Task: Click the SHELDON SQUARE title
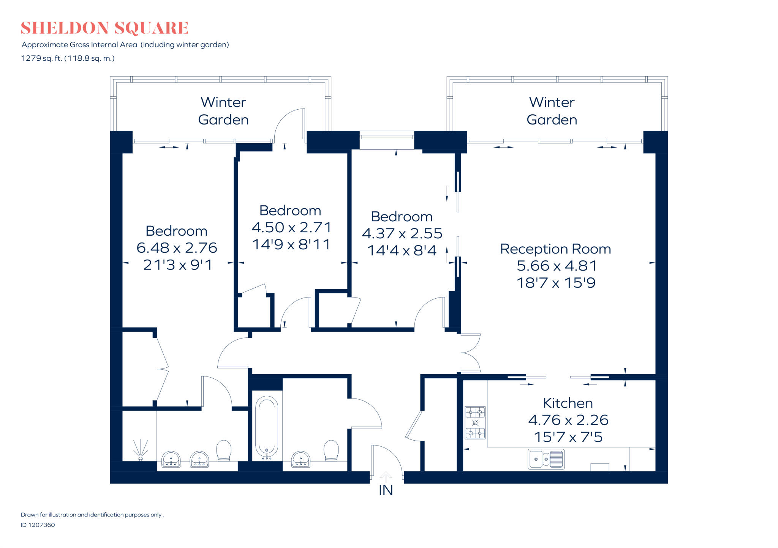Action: (x=104, y=28)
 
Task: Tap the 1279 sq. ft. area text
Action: (x=68, y=58)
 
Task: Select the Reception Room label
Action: (x=555, y=249)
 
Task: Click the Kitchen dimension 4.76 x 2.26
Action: (x=568, y=420)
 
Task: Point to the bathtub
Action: (x=267, y=427)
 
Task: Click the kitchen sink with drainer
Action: (x=546, y=459)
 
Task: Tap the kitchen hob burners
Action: (x=475, y=422)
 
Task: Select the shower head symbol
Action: (x=141, y=450)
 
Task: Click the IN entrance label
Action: (x=386, y=490)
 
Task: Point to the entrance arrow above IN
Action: (x=386, y=477)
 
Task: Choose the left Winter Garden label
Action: (x=223, y=111)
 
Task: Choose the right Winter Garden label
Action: (x=552, y=111)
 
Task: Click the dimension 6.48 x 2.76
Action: (x=177, y=248)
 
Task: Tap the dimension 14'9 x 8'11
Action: (x=291, y=244)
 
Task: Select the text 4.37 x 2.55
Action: (x=402, y=233)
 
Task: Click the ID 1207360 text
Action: (x=38, y=525)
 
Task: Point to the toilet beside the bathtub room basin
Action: (x=331, y=450)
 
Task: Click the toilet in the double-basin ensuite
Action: (x=224, y=450)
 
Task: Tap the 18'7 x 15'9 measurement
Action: (x=556, y=283)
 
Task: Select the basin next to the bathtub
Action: (x=301, y=459)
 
